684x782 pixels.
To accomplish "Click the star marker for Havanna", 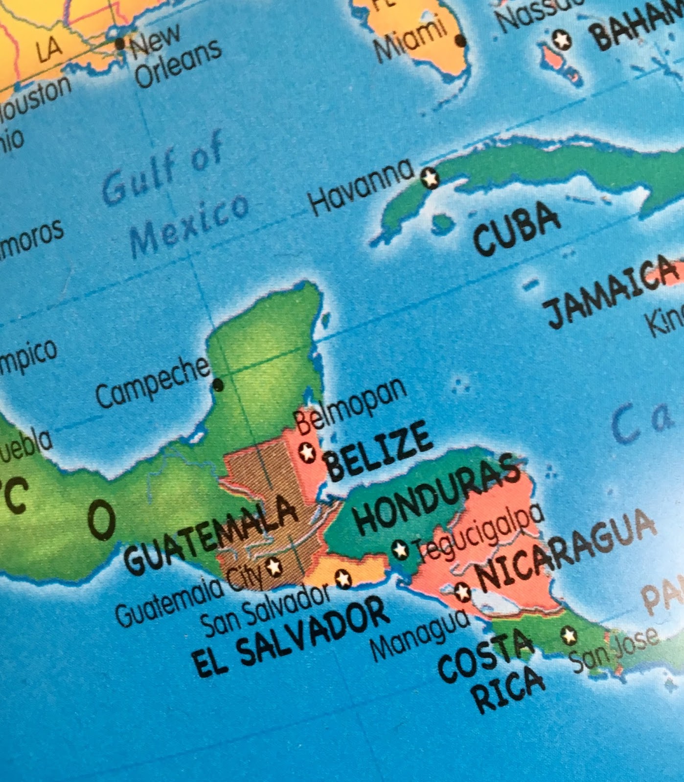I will click(430, 178).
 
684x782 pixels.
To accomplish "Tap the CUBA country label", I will click(516, 229).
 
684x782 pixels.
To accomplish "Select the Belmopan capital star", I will click(308, 452).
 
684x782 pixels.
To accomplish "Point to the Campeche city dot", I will click(218, 386).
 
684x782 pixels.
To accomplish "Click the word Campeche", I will click(153, 382).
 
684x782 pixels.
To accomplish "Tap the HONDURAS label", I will click(437, 495).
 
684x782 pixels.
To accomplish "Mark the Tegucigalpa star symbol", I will click(400, 550).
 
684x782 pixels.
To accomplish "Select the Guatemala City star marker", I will click(274, 567).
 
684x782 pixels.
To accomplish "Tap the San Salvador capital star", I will click(343, 579).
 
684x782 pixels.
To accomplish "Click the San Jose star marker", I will click(569, 635).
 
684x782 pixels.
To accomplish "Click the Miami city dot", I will click(460, 41).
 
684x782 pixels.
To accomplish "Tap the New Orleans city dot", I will click(120, 43).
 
